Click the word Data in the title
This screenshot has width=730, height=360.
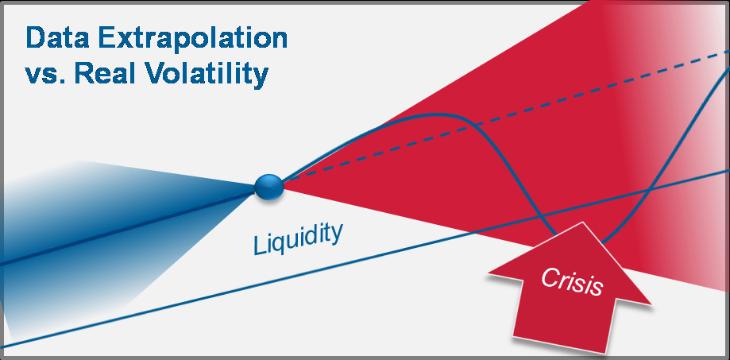57,39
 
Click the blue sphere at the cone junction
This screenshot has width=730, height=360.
268,188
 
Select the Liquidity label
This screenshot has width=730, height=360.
298,238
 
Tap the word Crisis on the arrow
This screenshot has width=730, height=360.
572,282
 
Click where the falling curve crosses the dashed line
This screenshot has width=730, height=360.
475,126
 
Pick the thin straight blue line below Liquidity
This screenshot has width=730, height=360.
365,258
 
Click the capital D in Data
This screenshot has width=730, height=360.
36,39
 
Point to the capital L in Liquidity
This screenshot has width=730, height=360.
259,245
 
